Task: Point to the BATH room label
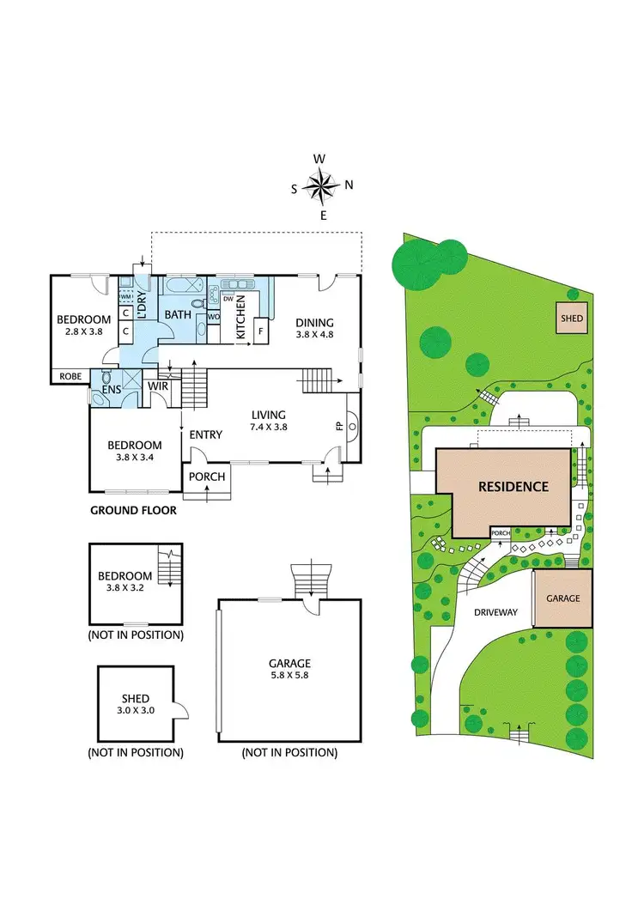click(178, 315)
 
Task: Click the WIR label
click(160, 387)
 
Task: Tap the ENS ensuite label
click(112, 388)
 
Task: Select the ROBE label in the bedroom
click(70, 376)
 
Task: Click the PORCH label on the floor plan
click(206, 477)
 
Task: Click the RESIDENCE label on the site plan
click(513, 487)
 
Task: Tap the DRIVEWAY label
click(495, 612)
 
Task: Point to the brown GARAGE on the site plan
click(563, 598)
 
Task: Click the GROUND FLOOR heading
click(133, 510)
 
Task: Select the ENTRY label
click(206, 435)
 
